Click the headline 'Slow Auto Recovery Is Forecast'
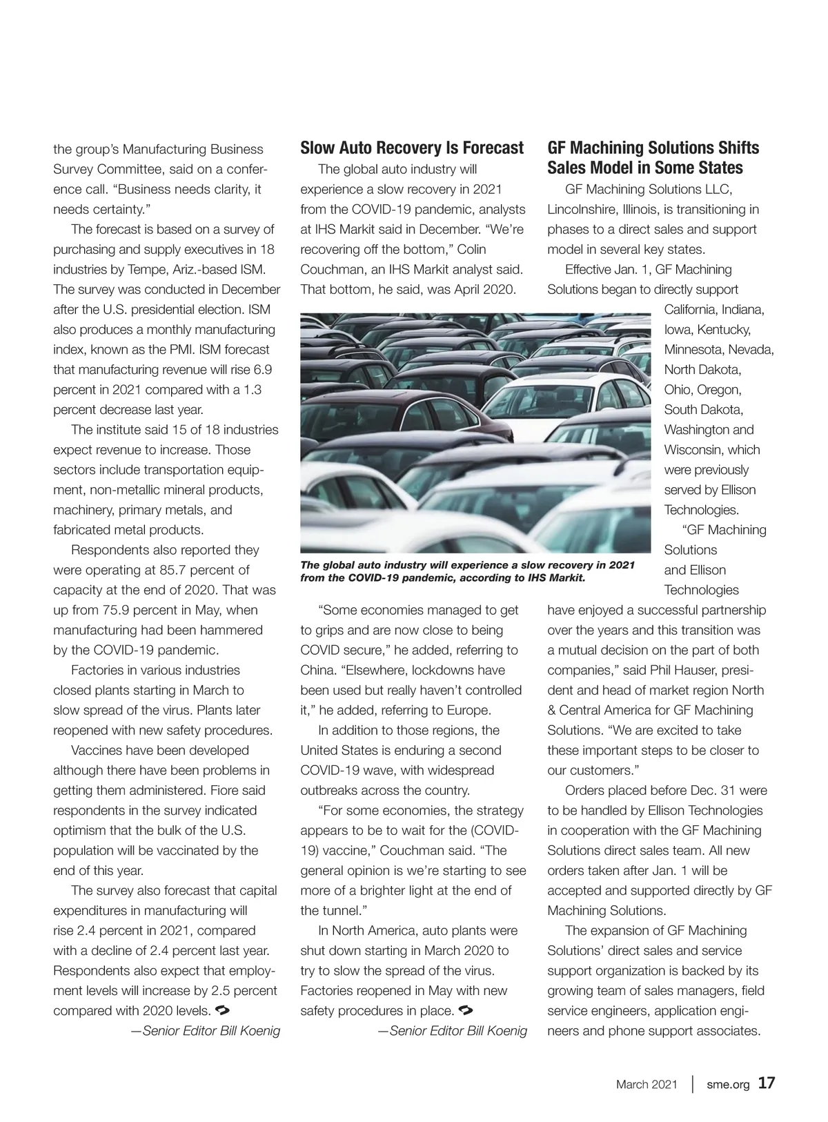(x=412, y=148)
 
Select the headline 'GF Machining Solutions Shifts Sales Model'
(x=653, y=158)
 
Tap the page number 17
(x=766, y=1083)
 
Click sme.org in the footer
(x=728, y=1085)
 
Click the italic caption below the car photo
(x=467, y=571)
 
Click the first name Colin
(x=472, y=249)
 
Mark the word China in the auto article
(x=317, y=670)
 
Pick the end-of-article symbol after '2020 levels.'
(x=223, y=1010)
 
